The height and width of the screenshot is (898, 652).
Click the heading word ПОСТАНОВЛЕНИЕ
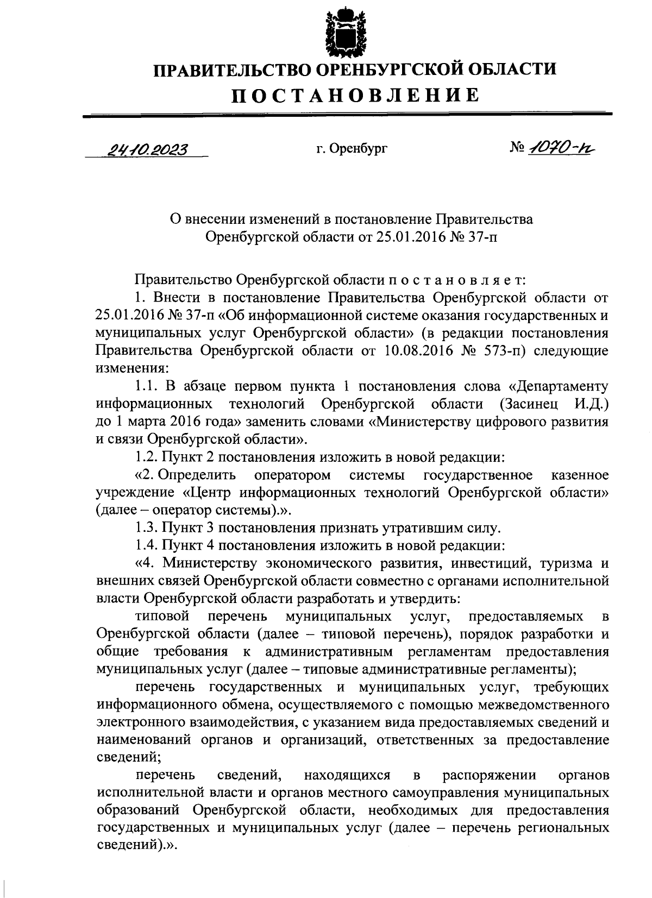pyautogui.click(x=356, y=95)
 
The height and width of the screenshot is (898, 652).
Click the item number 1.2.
pyautogui.click(x=146, y=457)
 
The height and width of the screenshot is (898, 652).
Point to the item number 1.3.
pyautogui.click(x=146, y=528)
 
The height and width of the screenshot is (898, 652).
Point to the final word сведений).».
pyautogui.click(x=136, y=846)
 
